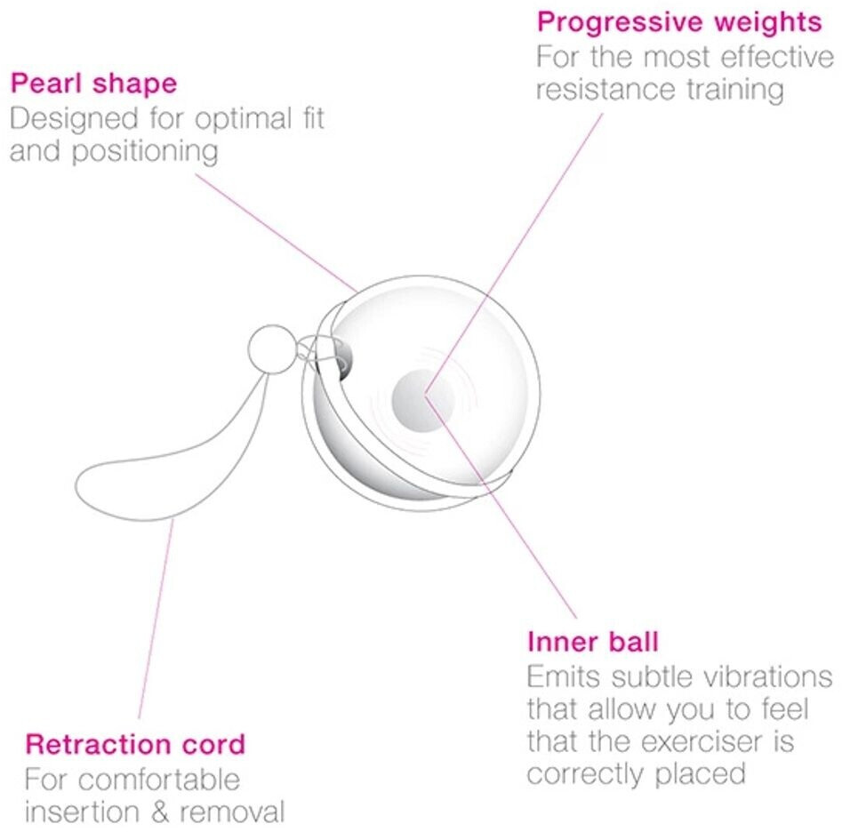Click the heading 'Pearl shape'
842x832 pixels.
(93, 84)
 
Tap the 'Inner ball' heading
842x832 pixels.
(592, 642)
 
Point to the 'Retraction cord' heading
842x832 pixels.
(135, 744)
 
